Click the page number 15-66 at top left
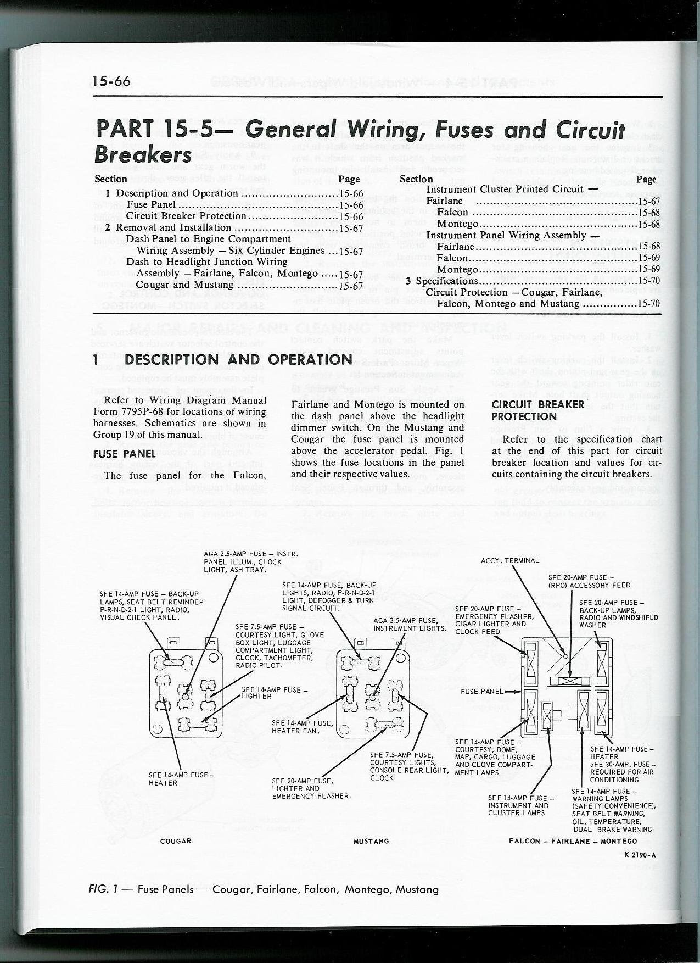click(111, 81)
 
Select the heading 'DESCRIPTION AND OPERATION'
click(238, 360)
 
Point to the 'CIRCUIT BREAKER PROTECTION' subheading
click(530, 410)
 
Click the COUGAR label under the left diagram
click(176, 841)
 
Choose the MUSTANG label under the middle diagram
click(372, 841)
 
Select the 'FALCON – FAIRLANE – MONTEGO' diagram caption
click(573, 841)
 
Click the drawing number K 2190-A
click(640, 854)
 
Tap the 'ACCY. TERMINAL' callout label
click(509, 561)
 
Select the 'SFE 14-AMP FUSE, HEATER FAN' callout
click(302, 727)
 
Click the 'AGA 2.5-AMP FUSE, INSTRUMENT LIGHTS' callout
click(409, 624)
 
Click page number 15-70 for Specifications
click(647, 281)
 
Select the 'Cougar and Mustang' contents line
click(184, 285)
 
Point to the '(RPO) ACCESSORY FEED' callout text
click(589, 585)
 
